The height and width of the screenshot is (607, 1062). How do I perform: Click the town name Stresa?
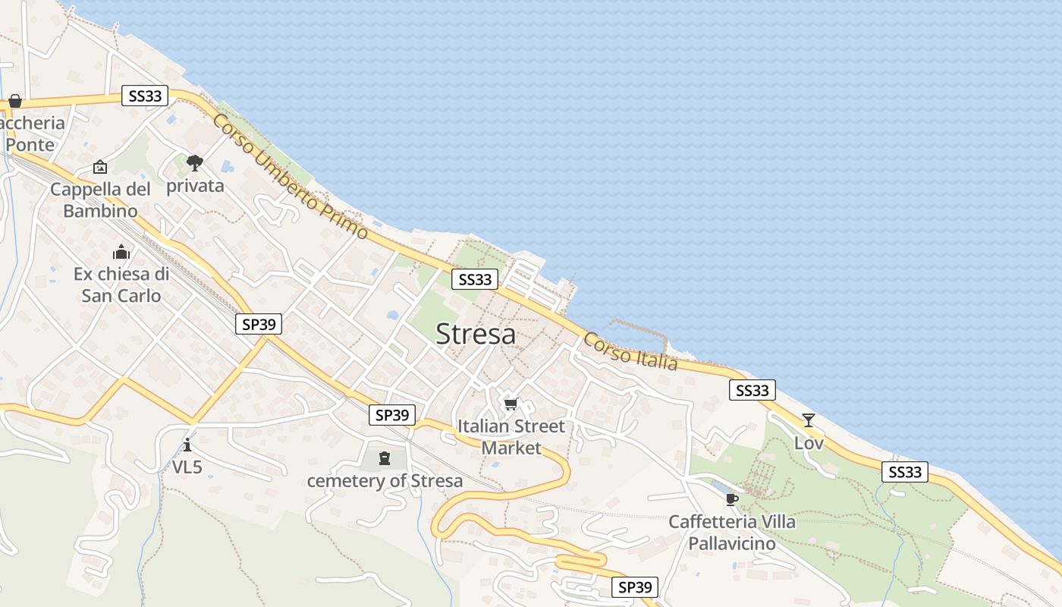[x=476, y=334]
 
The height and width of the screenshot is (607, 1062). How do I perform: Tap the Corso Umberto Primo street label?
[x=290, y=176]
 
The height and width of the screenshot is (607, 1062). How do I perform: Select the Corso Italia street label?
[x=630, y=351]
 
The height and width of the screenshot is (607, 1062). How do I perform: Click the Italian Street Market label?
[x=511, y=437]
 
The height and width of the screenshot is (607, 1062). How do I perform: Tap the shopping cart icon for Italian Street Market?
[x=511, y=404]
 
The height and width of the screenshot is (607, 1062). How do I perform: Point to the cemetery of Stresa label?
[x=385, y=480]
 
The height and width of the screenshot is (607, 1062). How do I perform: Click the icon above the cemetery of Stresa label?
[x=385, y=458]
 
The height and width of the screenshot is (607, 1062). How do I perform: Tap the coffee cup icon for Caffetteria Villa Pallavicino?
[x=731, y=498]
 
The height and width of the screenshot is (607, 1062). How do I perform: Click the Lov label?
[x=809, y=442]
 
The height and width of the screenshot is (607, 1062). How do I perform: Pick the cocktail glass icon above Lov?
[x=809, y=420]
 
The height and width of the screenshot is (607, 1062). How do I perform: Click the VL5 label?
[x=187, y=467]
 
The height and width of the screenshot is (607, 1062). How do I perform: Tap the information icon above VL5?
[x=187, y=444]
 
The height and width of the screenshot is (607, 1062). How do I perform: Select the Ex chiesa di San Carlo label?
[x=121, y=285]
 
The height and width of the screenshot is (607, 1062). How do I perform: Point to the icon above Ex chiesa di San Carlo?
[x=121, y=252]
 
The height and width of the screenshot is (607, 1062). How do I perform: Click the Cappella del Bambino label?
[x=100, y=200]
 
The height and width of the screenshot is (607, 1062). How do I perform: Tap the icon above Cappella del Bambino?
[x=100, y=167]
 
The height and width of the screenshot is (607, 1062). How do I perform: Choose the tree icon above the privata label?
[x=195, y=162]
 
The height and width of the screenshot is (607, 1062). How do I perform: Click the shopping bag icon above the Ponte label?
[x=14, y=101]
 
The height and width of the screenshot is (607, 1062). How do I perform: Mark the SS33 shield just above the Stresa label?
[x=476, y=279]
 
